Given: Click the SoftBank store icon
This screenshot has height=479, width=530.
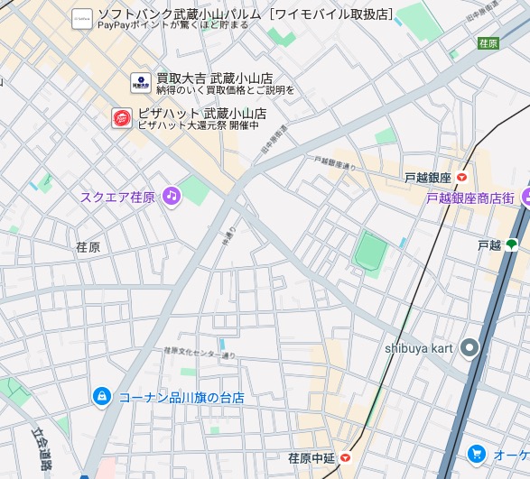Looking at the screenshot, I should click(82, 17).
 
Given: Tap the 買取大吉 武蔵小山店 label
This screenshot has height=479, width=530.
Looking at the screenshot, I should click(214, 78).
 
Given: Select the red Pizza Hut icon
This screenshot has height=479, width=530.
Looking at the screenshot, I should click(121, 117).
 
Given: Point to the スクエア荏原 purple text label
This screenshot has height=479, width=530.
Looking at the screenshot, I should click(117, 197).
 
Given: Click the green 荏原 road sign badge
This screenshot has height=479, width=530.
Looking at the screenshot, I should click(488, 42).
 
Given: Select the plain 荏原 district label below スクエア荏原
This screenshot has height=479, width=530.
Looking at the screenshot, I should click(88, 246).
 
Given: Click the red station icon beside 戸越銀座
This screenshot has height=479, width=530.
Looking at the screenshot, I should click(462, 179).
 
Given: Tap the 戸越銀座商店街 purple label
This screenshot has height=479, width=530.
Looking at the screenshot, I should click(470, 198).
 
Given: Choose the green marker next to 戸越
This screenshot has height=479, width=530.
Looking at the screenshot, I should click(511, 244).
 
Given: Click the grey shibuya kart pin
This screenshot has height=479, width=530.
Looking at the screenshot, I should click(469, 346).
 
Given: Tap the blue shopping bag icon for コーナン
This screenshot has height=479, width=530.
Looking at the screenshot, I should click(102, 396).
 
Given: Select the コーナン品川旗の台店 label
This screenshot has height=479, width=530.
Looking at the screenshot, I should click(181, 397).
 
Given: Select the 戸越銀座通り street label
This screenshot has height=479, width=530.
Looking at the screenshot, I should click(336, 163).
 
